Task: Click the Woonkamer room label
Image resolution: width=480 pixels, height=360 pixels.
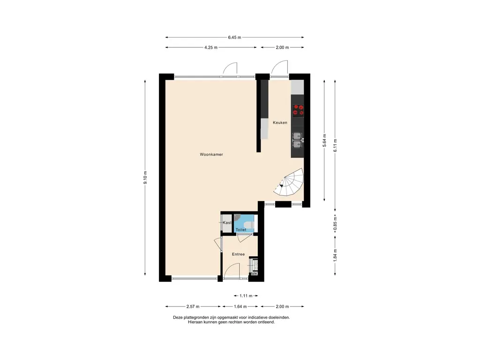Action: (211, 154)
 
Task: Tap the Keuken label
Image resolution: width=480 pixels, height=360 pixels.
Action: (280, 122)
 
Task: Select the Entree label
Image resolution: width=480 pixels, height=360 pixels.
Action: (238, 254)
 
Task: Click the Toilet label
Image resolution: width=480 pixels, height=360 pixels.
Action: (241, 230)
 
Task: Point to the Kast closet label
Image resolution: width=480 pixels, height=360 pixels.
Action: (227, 223)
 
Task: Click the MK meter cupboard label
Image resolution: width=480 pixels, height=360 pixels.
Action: (255, 274)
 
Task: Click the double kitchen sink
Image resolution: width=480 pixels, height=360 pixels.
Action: (297, 140)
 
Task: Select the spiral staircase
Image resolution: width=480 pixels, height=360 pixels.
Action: (289, 183)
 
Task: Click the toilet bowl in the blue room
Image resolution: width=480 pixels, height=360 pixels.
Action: (249, 226)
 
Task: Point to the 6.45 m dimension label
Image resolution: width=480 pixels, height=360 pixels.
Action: (234, 37)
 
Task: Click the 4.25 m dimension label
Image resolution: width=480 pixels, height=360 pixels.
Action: (211, 47)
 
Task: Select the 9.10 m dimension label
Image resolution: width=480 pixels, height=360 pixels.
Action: (145, 178)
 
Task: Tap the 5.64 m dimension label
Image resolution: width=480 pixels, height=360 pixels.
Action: (324, 141)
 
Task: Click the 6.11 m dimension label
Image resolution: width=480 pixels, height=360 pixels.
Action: (335, 145)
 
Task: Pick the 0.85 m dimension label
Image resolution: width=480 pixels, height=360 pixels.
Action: (335, 224)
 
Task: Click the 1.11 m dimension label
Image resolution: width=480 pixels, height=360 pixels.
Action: (246, 296)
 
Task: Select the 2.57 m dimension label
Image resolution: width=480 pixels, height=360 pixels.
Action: (193, 307)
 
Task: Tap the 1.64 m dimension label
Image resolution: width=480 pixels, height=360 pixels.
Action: (240, 307)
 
